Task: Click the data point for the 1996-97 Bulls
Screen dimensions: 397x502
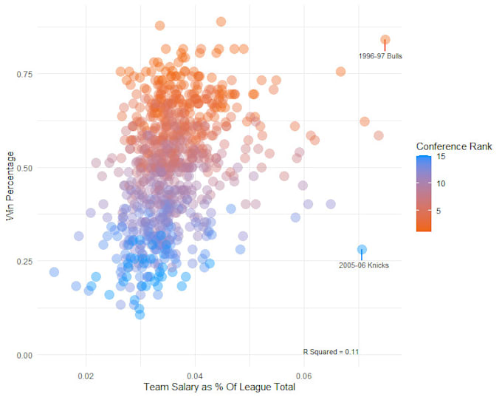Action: pos(385,40)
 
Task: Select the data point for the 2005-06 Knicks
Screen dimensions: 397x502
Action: pos(362,250)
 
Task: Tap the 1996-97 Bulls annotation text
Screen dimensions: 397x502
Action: pos(380,56)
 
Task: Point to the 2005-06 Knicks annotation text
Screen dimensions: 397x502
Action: pos(364,265)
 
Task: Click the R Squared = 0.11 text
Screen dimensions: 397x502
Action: pos(331,352)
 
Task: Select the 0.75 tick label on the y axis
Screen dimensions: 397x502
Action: pos(25,74)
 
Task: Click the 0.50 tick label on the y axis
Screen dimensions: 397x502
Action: pos(25,168)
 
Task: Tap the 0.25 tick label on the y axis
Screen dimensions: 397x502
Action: pos(25,262)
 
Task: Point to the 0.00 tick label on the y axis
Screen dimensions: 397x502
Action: pos(25,356)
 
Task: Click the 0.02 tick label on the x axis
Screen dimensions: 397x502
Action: pos(86,376)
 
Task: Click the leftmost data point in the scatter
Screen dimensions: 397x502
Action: pos(54,272)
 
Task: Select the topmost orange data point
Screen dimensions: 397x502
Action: pos(221,21)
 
